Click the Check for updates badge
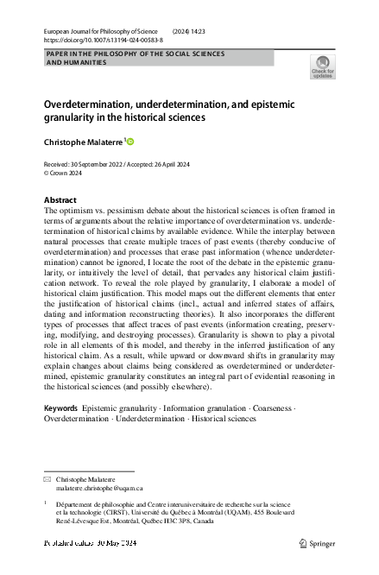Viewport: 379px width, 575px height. (323, 66)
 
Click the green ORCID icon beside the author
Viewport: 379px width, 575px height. (132, 141)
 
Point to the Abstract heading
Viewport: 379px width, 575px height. (60, 199)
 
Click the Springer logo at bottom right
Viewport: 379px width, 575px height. (317, 543)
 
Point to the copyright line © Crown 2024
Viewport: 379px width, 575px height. (65, 172)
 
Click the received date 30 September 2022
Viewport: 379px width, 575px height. (100, 163)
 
